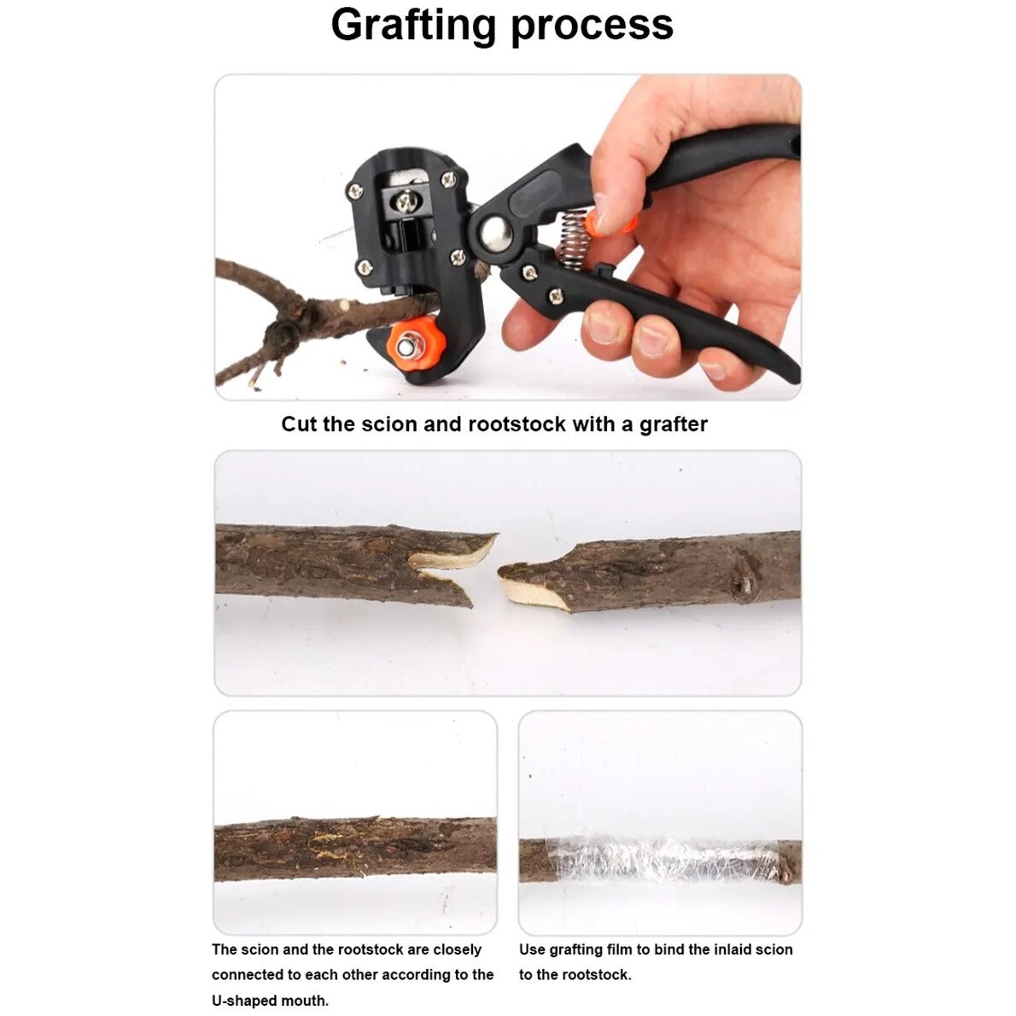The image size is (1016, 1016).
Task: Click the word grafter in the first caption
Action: point(674,425)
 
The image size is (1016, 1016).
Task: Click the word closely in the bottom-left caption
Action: point(458,949)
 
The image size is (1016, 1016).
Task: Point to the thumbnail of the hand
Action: point(606,213)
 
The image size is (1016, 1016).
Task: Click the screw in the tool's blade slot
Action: point(406,203)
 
